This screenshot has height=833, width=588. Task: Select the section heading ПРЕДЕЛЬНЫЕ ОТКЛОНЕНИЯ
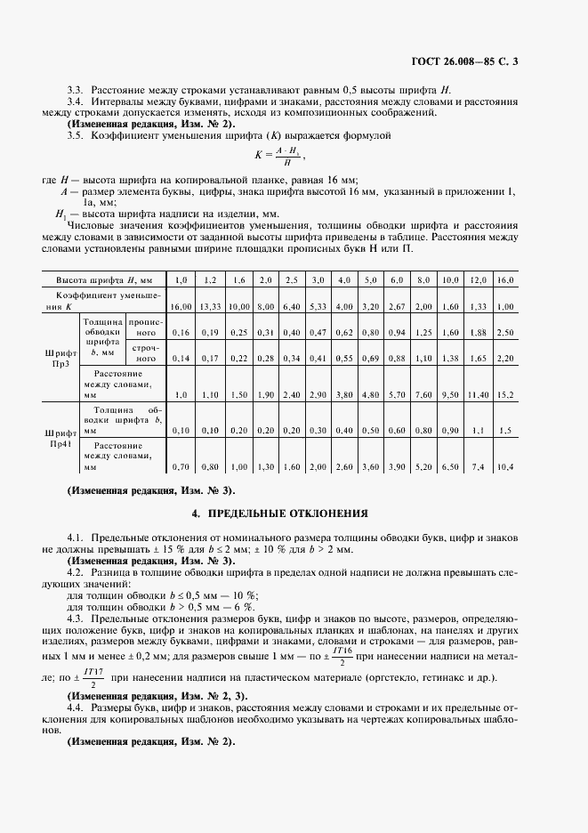[294, 514]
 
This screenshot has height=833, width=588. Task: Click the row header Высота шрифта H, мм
[99, 280]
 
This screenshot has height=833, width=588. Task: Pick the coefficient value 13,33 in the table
[210, 306]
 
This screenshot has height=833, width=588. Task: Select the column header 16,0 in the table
[506, 280]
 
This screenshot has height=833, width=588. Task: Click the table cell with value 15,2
[505, 393]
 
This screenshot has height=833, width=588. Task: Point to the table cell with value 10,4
[505, 466]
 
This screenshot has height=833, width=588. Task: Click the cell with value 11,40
[479, 393]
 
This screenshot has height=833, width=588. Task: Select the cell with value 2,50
[505, 332]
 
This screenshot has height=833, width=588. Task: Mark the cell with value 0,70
[181, 466]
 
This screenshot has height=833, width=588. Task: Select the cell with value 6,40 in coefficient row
[291, 306]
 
